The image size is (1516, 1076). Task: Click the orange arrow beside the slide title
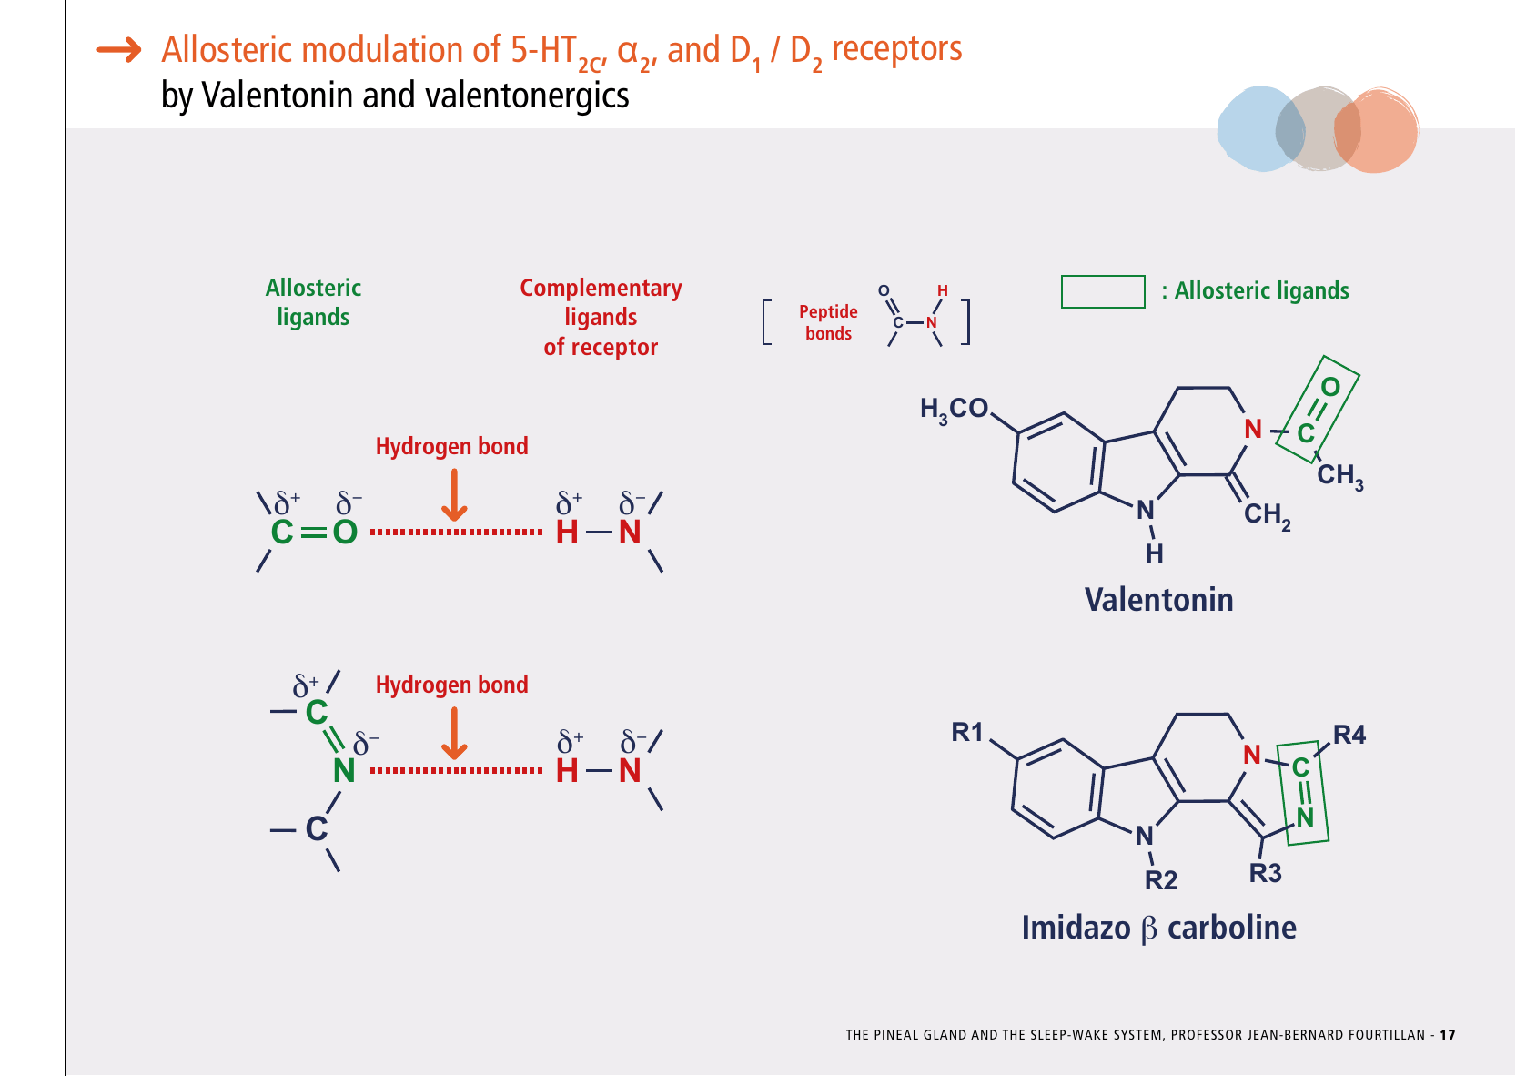[120, 49]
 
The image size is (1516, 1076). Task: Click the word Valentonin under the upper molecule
[1158, 600]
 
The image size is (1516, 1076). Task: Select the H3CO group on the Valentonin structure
[954, 410]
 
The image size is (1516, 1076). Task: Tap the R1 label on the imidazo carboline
[967, 732]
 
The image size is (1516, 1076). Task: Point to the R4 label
[1349, 735]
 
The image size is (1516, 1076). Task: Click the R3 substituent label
[1265, 873]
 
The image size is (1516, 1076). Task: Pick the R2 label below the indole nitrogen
[1161, 880]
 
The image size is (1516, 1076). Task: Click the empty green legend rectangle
[1103, 291]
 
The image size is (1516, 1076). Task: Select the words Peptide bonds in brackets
[828, 322]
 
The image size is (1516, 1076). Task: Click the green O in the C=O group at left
[345, 533]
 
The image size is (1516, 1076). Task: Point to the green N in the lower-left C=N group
[344, 771]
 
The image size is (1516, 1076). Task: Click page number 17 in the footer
[1448, 1035]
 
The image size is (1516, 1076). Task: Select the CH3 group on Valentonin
[1339, 475]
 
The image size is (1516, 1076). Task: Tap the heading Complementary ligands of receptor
[601, 317]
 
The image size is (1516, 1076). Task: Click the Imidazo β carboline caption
[1158, 928]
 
